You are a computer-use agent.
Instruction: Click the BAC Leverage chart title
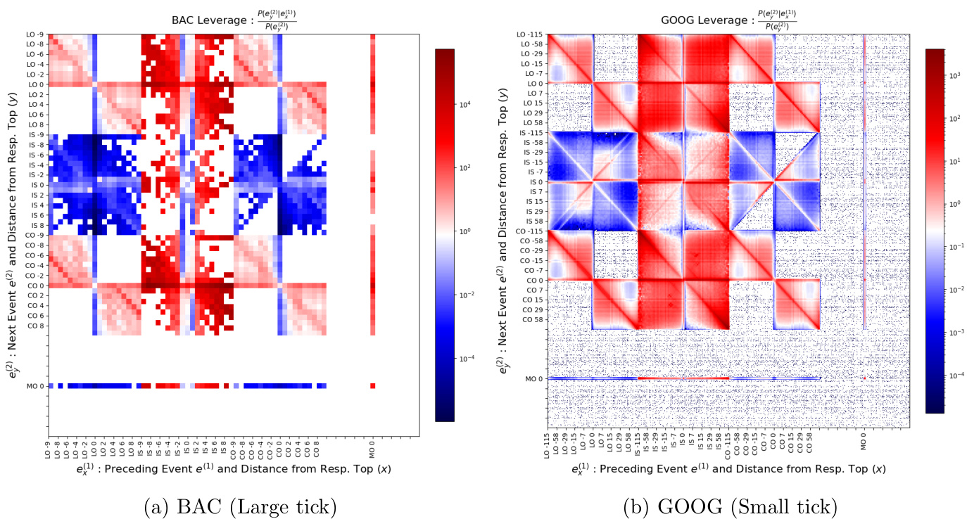pyautogui.click(x=234, y=21)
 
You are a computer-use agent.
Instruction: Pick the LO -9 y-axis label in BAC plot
pyautogui.click(x=34, y=34)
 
